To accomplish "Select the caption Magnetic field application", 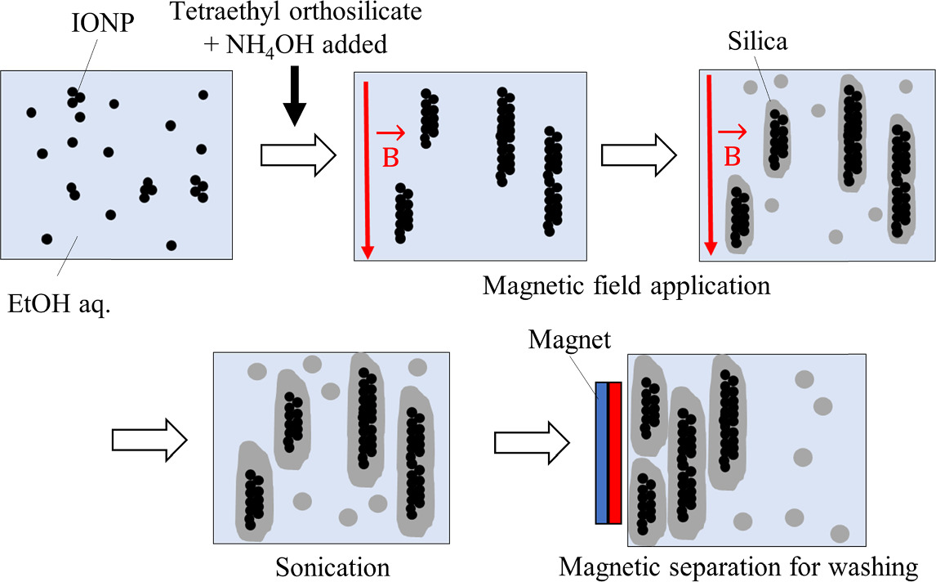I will [x=626, y=286].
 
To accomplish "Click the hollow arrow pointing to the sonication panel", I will [x=149, y=439].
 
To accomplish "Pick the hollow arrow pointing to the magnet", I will [x=533, y=439].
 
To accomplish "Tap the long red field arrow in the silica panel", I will [x=711, y=163].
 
